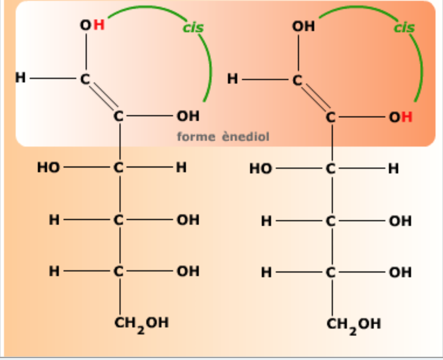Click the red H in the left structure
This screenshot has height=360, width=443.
pyautogui.click(x=99, y=25)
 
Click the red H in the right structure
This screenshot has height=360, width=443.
pyautogui.click(x=407, y=117)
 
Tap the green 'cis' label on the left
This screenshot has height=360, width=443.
pyautogui.click(x=193, y=28)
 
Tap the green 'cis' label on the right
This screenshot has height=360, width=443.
pyautogui.click(x=404, y=28)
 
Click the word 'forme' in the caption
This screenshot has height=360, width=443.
pyautogui.click(x=196, y=136)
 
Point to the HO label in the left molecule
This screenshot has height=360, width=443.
pyautogui.click(x=49, y=167)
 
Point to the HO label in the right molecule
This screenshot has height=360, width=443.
pyautogui.click(x=261, y=169)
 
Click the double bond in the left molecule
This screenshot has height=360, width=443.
pyautogui.click(x=103, y=96)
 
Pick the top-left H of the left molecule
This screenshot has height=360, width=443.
pyautogui.click(x=21, y=77)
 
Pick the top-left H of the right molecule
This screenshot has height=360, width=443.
pyautogui.click(x=232, y=79)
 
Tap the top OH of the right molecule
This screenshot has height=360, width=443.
pyautogui.click(x=303, y=26)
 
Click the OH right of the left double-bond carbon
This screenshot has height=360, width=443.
pyautogui.click(x=188, y=116)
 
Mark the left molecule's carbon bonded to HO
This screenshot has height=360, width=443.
pyautogui.click(x=119, y=167)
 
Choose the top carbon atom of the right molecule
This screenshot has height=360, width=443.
pyautogui.click(x=297, y=80)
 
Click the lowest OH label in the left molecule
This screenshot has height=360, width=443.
pyautogui.click(x=188, y=271)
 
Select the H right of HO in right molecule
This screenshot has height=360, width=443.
pyautogui.click(x=394, y=169)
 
